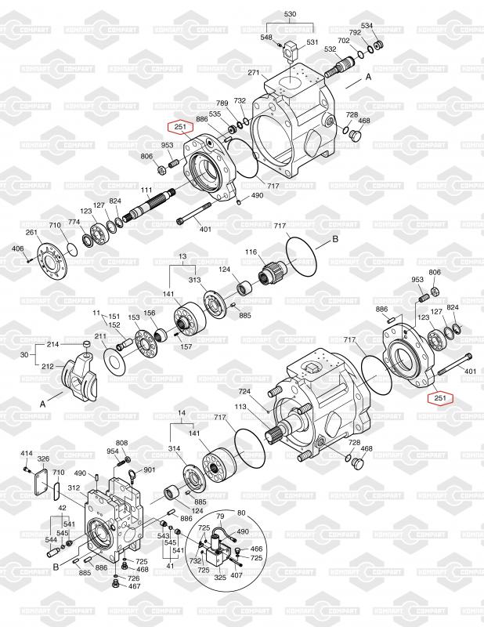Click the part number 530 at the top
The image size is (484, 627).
(x=290, y=14)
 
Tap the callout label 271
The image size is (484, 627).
(x=254, y=72)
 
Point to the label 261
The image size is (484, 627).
(x=31, y=232)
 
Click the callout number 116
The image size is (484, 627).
(x=251, y=252)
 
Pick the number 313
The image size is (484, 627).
(x=195, y=280)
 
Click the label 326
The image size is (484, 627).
(x=43, y=458)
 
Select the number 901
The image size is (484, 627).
(x=149, y=469)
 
